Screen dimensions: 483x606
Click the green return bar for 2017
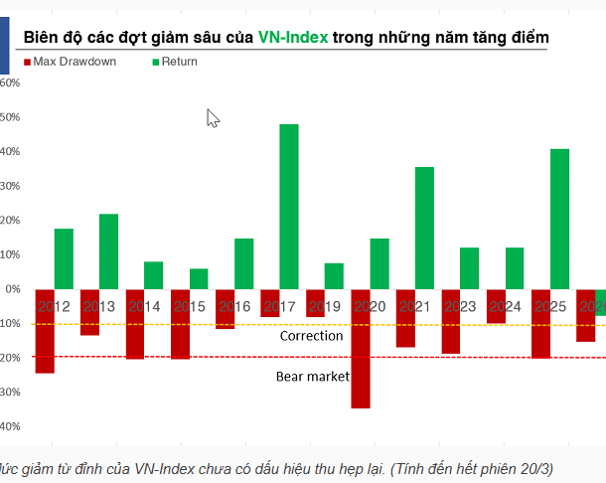289,206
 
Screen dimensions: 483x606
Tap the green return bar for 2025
559,219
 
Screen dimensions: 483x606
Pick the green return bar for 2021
424,228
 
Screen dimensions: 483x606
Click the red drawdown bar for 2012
45,331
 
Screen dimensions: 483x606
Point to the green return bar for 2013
108,250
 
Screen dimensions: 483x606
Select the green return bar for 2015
199,278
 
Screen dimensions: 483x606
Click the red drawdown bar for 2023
451,321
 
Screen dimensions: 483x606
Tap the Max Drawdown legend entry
69,62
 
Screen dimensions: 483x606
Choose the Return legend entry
175,62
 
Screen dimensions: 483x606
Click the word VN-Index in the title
293,37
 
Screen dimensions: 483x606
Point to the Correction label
311,336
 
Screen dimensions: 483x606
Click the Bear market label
312,377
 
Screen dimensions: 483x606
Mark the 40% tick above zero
10,151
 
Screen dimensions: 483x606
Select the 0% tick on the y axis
13,289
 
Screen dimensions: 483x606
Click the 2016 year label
234,306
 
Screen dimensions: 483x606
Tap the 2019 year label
325,306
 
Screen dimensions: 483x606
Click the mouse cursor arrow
213,118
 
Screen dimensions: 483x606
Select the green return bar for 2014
153,274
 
